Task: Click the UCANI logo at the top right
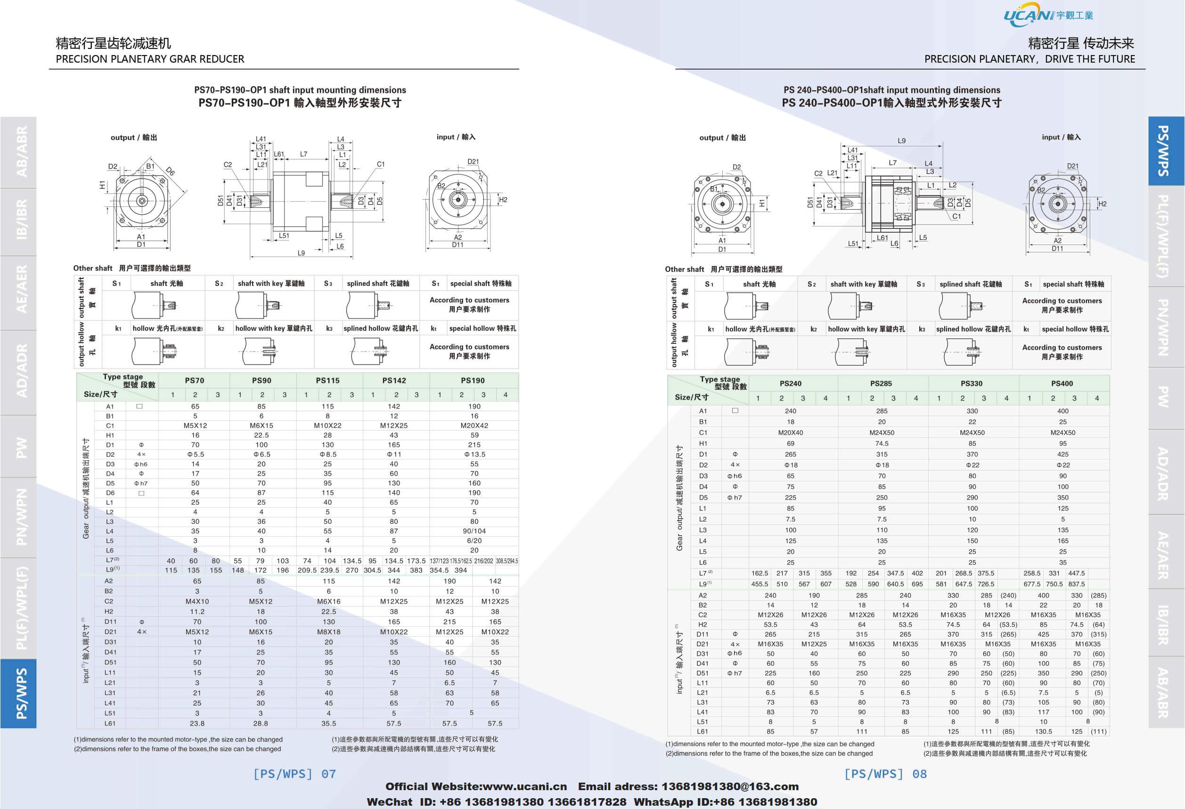(1048, 15)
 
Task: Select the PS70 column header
(194, 380)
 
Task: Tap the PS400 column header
(1062, 384)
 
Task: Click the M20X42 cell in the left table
(474, 425)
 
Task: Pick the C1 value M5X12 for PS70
(195, 425)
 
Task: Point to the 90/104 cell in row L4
(474, 531)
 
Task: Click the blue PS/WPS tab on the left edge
(19, 693)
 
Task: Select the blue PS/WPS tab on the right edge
(1166, 150)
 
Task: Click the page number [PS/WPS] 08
(885, 774)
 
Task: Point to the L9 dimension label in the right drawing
(901, 141)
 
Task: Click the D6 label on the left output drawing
(170, 172)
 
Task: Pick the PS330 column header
(972, 384)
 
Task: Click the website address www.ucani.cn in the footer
(524, 786)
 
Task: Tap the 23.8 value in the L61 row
(197, 723)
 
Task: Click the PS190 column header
(473, 380)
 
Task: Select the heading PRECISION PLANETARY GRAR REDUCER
(150, 59)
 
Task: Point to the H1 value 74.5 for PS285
(882, 443)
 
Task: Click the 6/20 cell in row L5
(474, 541)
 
